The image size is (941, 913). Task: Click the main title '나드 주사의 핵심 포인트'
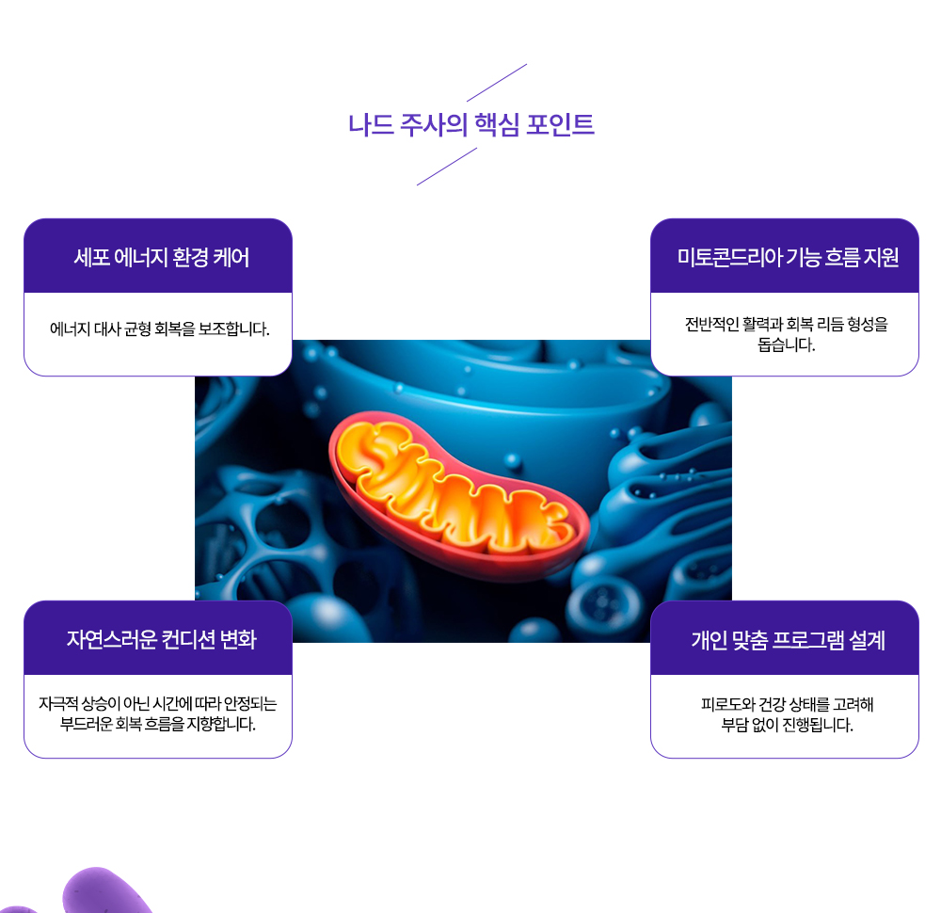pyautogui.click(x=470, y=124)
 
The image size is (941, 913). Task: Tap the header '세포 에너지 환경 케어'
pyautogui.click(x=161, y=257)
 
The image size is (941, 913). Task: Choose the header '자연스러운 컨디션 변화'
pyautogui.click(x=161, y=639)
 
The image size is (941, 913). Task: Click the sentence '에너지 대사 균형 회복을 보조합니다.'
pyautogui.click(x=159, y=329)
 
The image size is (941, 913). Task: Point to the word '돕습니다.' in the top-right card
pyautogui.click(x=786, y=344)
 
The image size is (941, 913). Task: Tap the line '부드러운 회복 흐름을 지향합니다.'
pyautogui.click(x=158, y=725)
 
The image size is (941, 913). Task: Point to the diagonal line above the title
pyautogui.click(x=496, y=83)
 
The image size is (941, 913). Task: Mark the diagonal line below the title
pyautogui.click(x=447, y=167)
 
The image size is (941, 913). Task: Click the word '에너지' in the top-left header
pyautogui.click(x=139, y=257)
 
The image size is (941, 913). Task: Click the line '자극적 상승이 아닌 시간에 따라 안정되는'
pyautogui.click(x=158, y=704)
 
